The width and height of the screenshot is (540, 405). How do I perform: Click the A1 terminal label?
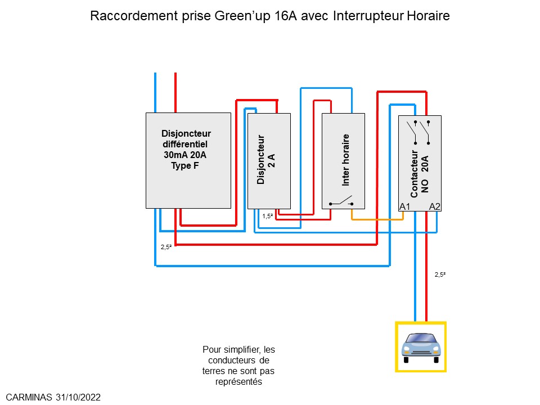pyautogui.click(x=404, y=206)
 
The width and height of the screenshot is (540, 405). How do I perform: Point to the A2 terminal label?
pyautogui.click(x=435, y=206)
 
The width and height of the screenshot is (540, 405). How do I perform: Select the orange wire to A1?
pyautogui.click(x=377, y=219)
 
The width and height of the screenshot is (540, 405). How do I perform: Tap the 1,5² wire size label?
pyautogui.click(x=267, y=216)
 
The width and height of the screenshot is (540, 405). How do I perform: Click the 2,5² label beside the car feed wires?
pyautogui.click(x=440, y=275)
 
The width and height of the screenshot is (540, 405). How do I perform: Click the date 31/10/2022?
pyautogui.click(x=79, y=397)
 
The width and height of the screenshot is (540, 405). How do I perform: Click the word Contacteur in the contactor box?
pyautogui.click(x=414, y=174)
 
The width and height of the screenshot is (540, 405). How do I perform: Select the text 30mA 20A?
pyautogui.click(x=186, y=155)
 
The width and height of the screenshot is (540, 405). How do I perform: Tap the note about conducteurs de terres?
pyautogui.click(x=238, y=366)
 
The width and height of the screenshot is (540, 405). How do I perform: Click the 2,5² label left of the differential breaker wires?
pyautogui.click(x=166, y=246)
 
